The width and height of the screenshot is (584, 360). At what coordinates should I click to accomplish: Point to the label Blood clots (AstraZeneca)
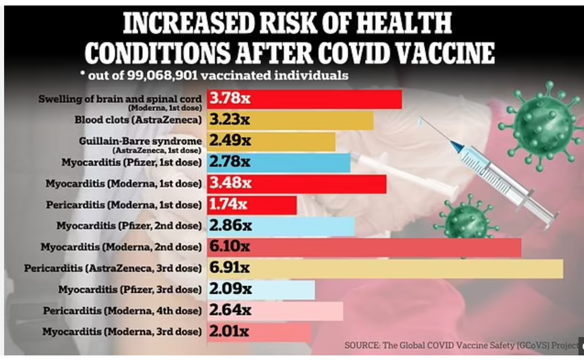tap(138, 120)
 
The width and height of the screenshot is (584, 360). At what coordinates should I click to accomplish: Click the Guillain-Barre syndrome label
tap(140, 141)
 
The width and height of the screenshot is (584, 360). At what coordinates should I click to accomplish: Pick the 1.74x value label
tap(228, 204)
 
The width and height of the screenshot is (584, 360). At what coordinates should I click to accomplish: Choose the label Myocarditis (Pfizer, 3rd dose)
tap(130, 289)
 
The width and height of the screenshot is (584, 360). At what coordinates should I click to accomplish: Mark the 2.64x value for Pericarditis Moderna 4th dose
tap(230, 311)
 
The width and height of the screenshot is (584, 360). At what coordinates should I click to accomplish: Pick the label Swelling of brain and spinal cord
tap(120, 99)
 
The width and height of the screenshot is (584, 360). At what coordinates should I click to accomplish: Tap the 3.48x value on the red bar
tap(231, 183)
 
